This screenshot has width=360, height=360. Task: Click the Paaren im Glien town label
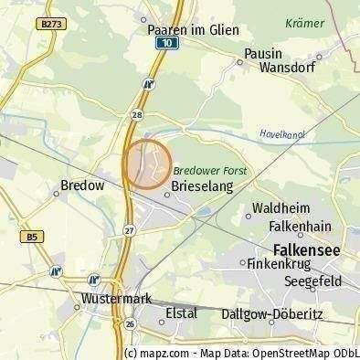point(193,29)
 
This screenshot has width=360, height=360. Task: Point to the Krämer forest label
point(304,24)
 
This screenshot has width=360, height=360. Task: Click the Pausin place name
point(263,54)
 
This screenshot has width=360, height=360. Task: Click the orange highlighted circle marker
point(147,164)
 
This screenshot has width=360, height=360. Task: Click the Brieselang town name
point(202,186)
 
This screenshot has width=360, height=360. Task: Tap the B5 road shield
point(33,237)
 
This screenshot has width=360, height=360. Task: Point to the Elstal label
point(182,312)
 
